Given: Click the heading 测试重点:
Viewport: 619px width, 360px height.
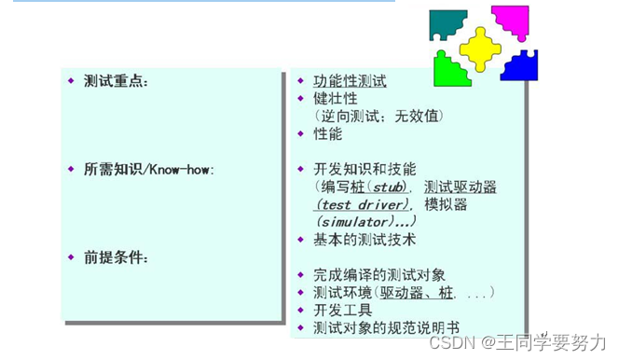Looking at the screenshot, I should (116, 82).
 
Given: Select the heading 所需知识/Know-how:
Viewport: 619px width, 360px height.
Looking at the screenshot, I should (148, 170).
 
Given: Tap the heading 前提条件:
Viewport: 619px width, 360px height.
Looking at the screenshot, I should (116, 256).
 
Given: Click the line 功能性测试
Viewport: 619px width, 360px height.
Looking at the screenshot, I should (349, 81).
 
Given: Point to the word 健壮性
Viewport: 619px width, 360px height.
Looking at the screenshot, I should (335, 99).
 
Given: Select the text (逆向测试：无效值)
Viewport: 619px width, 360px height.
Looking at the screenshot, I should (378, 117).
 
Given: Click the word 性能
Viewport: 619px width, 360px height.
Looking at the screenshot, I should (327, 134).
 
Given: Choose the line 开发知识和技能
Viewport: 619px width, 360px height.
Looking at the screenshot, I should (364, 170).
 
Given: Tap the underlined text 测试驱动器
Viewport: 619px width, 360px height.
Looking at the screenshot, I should (460, 187).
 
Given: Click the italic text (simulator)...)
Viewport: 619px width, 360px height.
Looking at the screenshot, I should (365, 222).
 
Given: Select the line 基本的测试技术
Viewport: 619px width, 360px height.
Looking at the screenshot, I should (364, 240).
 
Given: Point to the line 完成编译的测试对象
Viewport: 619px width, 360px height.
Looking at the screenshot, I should (378, 274).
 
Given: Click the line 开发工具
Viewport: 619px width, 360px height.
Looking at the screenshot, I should (342, 310).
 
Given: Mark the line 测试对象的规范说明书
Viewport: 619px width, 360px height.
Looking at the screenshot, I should (386, 327).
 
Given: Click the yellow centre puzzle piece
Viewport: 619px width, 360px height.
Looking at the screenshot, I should (480, 48).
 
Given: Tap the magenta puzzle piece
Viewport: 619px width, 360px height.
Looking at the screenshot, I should (512, 21).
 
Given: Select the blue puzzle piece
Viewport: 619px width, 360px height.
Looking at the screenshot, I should (519, 65).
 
